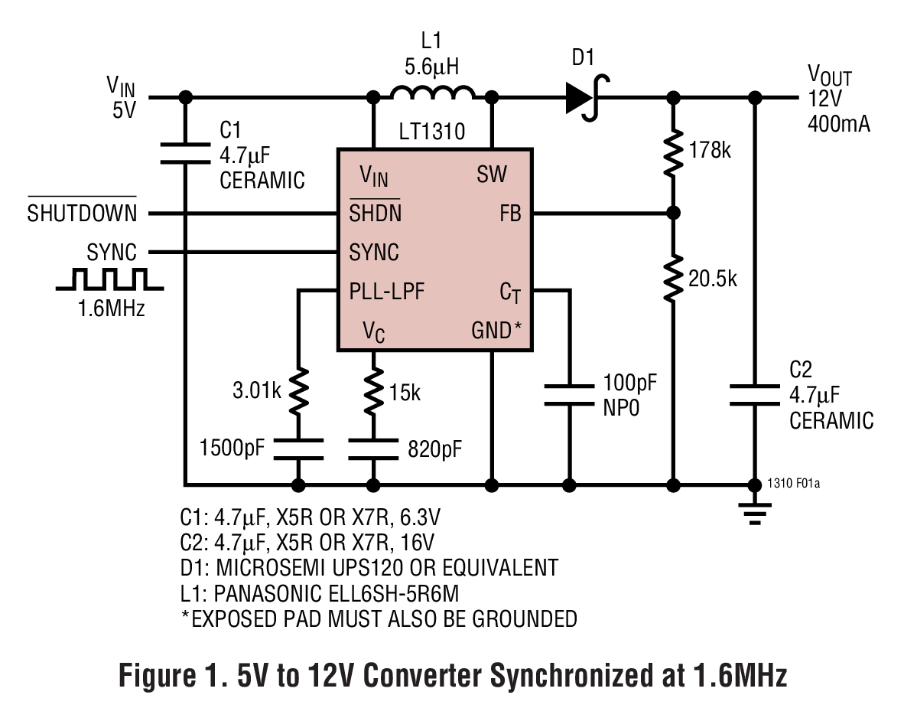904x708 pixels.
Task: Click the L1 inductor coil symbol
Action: (432, 93)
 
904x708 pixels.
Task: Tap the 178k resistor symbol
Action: (673, 152)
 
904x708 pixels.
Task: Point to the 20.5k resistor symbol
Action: (673, 279)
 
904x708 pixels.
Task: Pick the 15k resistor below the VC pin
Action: (374, 393)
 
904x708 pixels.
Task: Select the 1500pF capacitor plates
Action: (298, 447)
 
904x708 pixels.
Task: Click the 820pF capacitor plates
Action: (374, 447)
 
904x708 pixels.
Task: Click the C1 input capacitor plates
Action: (184, 152)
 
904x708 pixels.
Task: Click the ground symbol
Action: (755, 513)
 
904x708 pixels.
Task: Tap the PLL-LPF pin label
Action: (387, 292)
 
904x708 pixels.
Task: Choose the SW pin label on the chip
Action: (492, 175)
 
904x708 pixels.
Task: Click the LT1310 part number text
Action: (433, 132)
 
